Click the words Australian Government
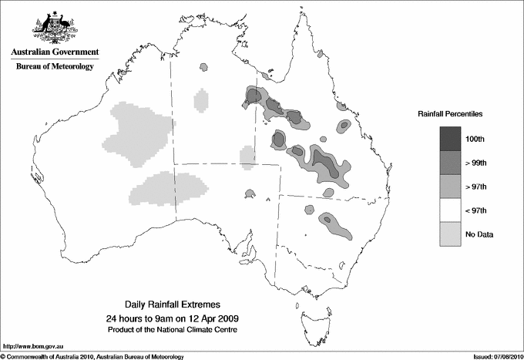54,52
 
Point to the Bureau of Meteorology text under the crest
54,67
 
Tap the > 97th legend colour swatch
449,186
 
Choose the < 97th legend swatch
449,210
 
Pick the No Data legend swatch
449,234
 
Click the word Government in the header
76,52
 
